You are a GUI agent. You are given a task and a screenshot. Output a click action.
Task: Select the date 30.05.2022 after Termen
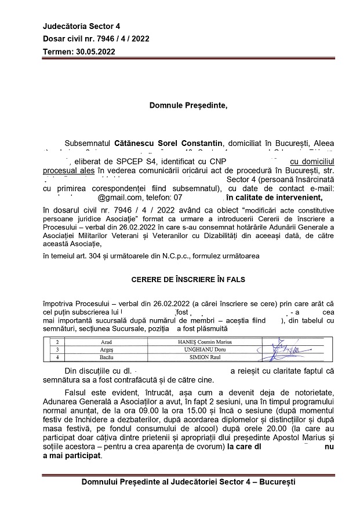[95, 52]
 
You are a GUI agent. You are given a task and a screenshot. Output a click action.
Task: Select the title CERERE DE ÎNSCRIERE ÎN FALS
[188, 279]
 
